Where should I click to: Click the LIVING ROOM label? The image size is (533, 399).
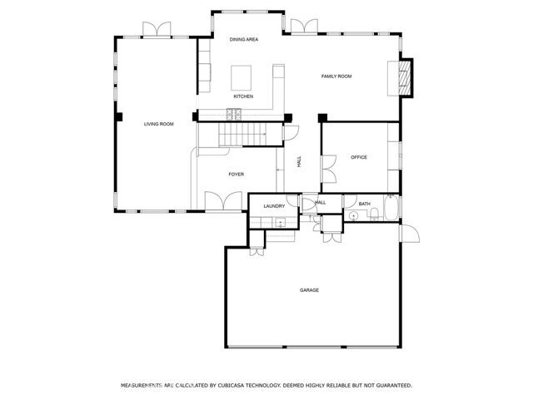[159, 124]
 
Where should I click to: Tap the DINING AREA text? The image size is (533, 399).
[244, 40]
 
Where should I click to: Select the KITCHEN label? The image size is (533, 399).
[243, 96]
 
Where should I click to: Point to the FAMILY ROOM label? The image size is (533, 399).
[336, 76]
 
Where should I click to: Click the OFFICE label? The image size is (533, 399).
[359, 157]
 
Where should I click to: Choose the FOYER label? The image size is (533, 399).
[237, 175]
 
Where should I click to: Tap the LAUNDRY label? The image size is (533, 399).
[274, 206]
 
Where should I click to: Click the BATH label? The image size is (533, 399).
[365, 204]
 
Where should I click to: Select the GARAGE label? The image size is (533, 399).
[309, 290]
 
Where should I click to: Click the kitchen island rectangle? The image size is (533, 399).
[242, 77]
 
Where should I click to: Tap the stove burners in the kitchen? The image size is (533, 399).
[234, 114]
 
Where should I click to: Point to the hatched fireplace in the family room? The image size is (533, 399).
[406, 78]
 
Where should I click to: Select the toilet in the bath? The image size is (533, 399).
[374, 214]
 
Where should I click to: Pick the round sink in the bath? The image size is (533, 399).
[353, 216]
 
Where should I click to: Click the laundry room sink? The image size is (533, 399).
[281, 222]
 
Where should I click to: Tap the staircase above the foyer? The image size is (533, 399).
[242, 135]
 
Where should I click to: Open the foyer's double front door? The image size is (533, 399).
[223, 201]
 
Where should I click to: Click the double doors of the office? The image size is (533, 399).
[329, 169]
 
